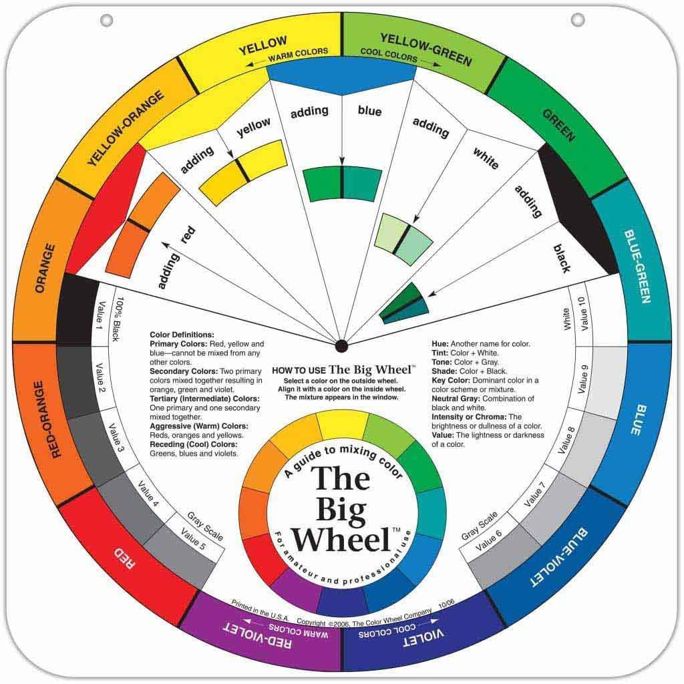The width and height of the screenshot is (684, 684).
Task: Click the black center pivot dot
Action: pyautogui.click(x=341, y=345)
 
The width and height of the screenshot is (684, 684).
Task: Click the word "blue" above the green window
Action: pyautogui.click(x=369, y=111)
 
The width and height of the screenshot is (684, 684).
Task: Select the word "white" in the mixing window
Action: pyautogui.click(x=486, y=158)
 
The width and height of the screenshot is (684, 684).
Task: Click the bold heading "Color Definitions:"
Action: pyautogui.click(x=182, y=335)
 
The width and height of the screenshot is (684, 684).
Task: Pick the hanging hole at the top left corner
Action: pyautogui.click(x=106, y=20)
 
